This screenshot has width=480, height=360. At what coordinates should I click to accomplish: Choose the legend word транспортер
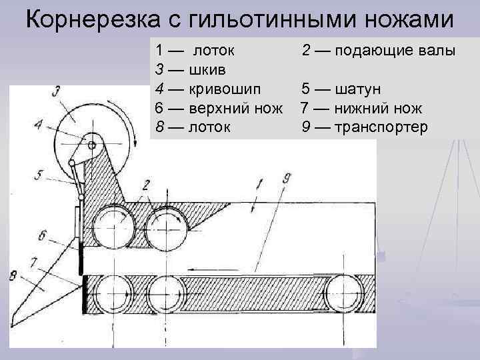pyautogui.click(x=381, y=126)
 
